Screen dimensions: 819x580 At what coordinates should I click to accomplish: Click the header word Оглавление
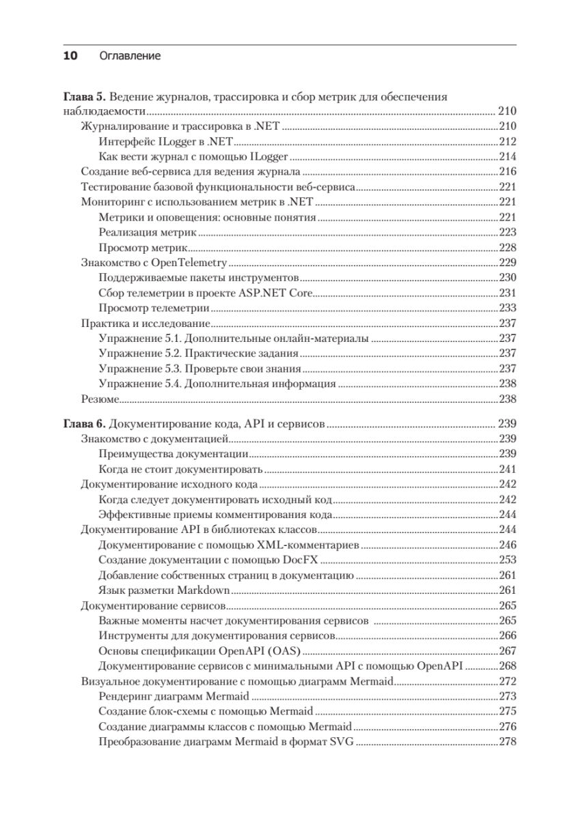point(130,56)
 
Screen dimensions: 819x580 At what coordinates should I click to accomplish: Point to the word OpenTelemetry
point(193,263)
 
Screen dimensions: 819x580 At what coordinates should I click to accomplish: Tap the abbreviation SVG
point(340,742)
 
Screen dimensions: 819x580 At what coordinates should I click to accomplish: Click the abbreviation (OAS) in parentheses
point(285,650)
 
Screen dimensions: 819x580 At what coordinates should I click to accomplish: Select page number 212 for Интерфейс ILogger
point(507,142)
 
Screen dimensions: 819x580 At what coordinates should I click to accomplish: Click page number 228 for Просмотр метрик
point(507,248)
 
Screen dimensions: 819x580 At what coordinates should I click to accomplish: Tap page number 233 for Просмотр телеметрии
point(507,308)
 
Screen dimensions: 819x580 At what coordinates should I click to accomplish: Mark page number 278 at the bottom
point(507,742)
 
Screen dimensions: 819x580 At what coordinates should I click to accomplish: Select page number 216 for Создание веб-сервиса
point(507,172)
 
